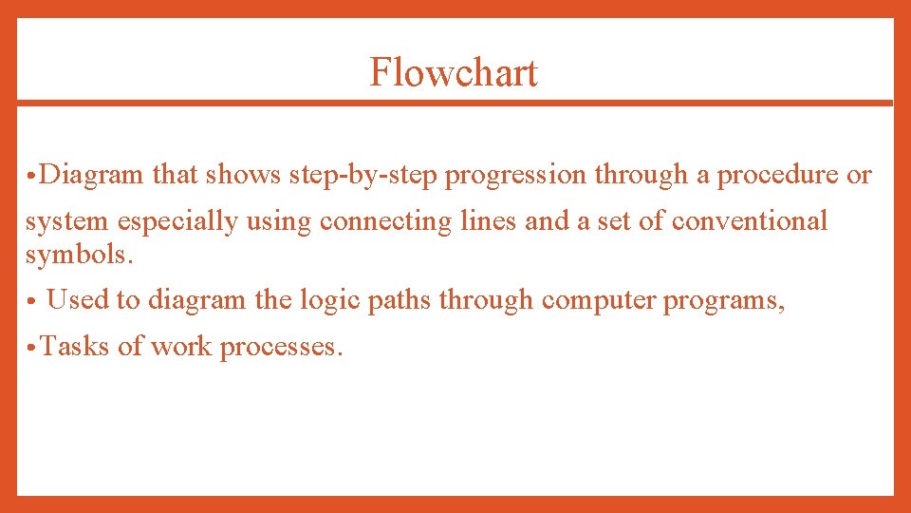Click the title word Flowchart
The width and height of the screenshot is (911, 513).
click(454, 73)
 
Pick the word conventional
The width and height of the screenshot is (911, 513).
click(750, 221)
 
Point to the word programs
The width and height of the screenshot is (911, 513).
click(725, 301)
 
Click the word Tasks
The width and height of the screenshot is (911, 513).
click(76, 347)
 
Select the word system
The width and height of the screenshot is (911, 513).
click(67, 222)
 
